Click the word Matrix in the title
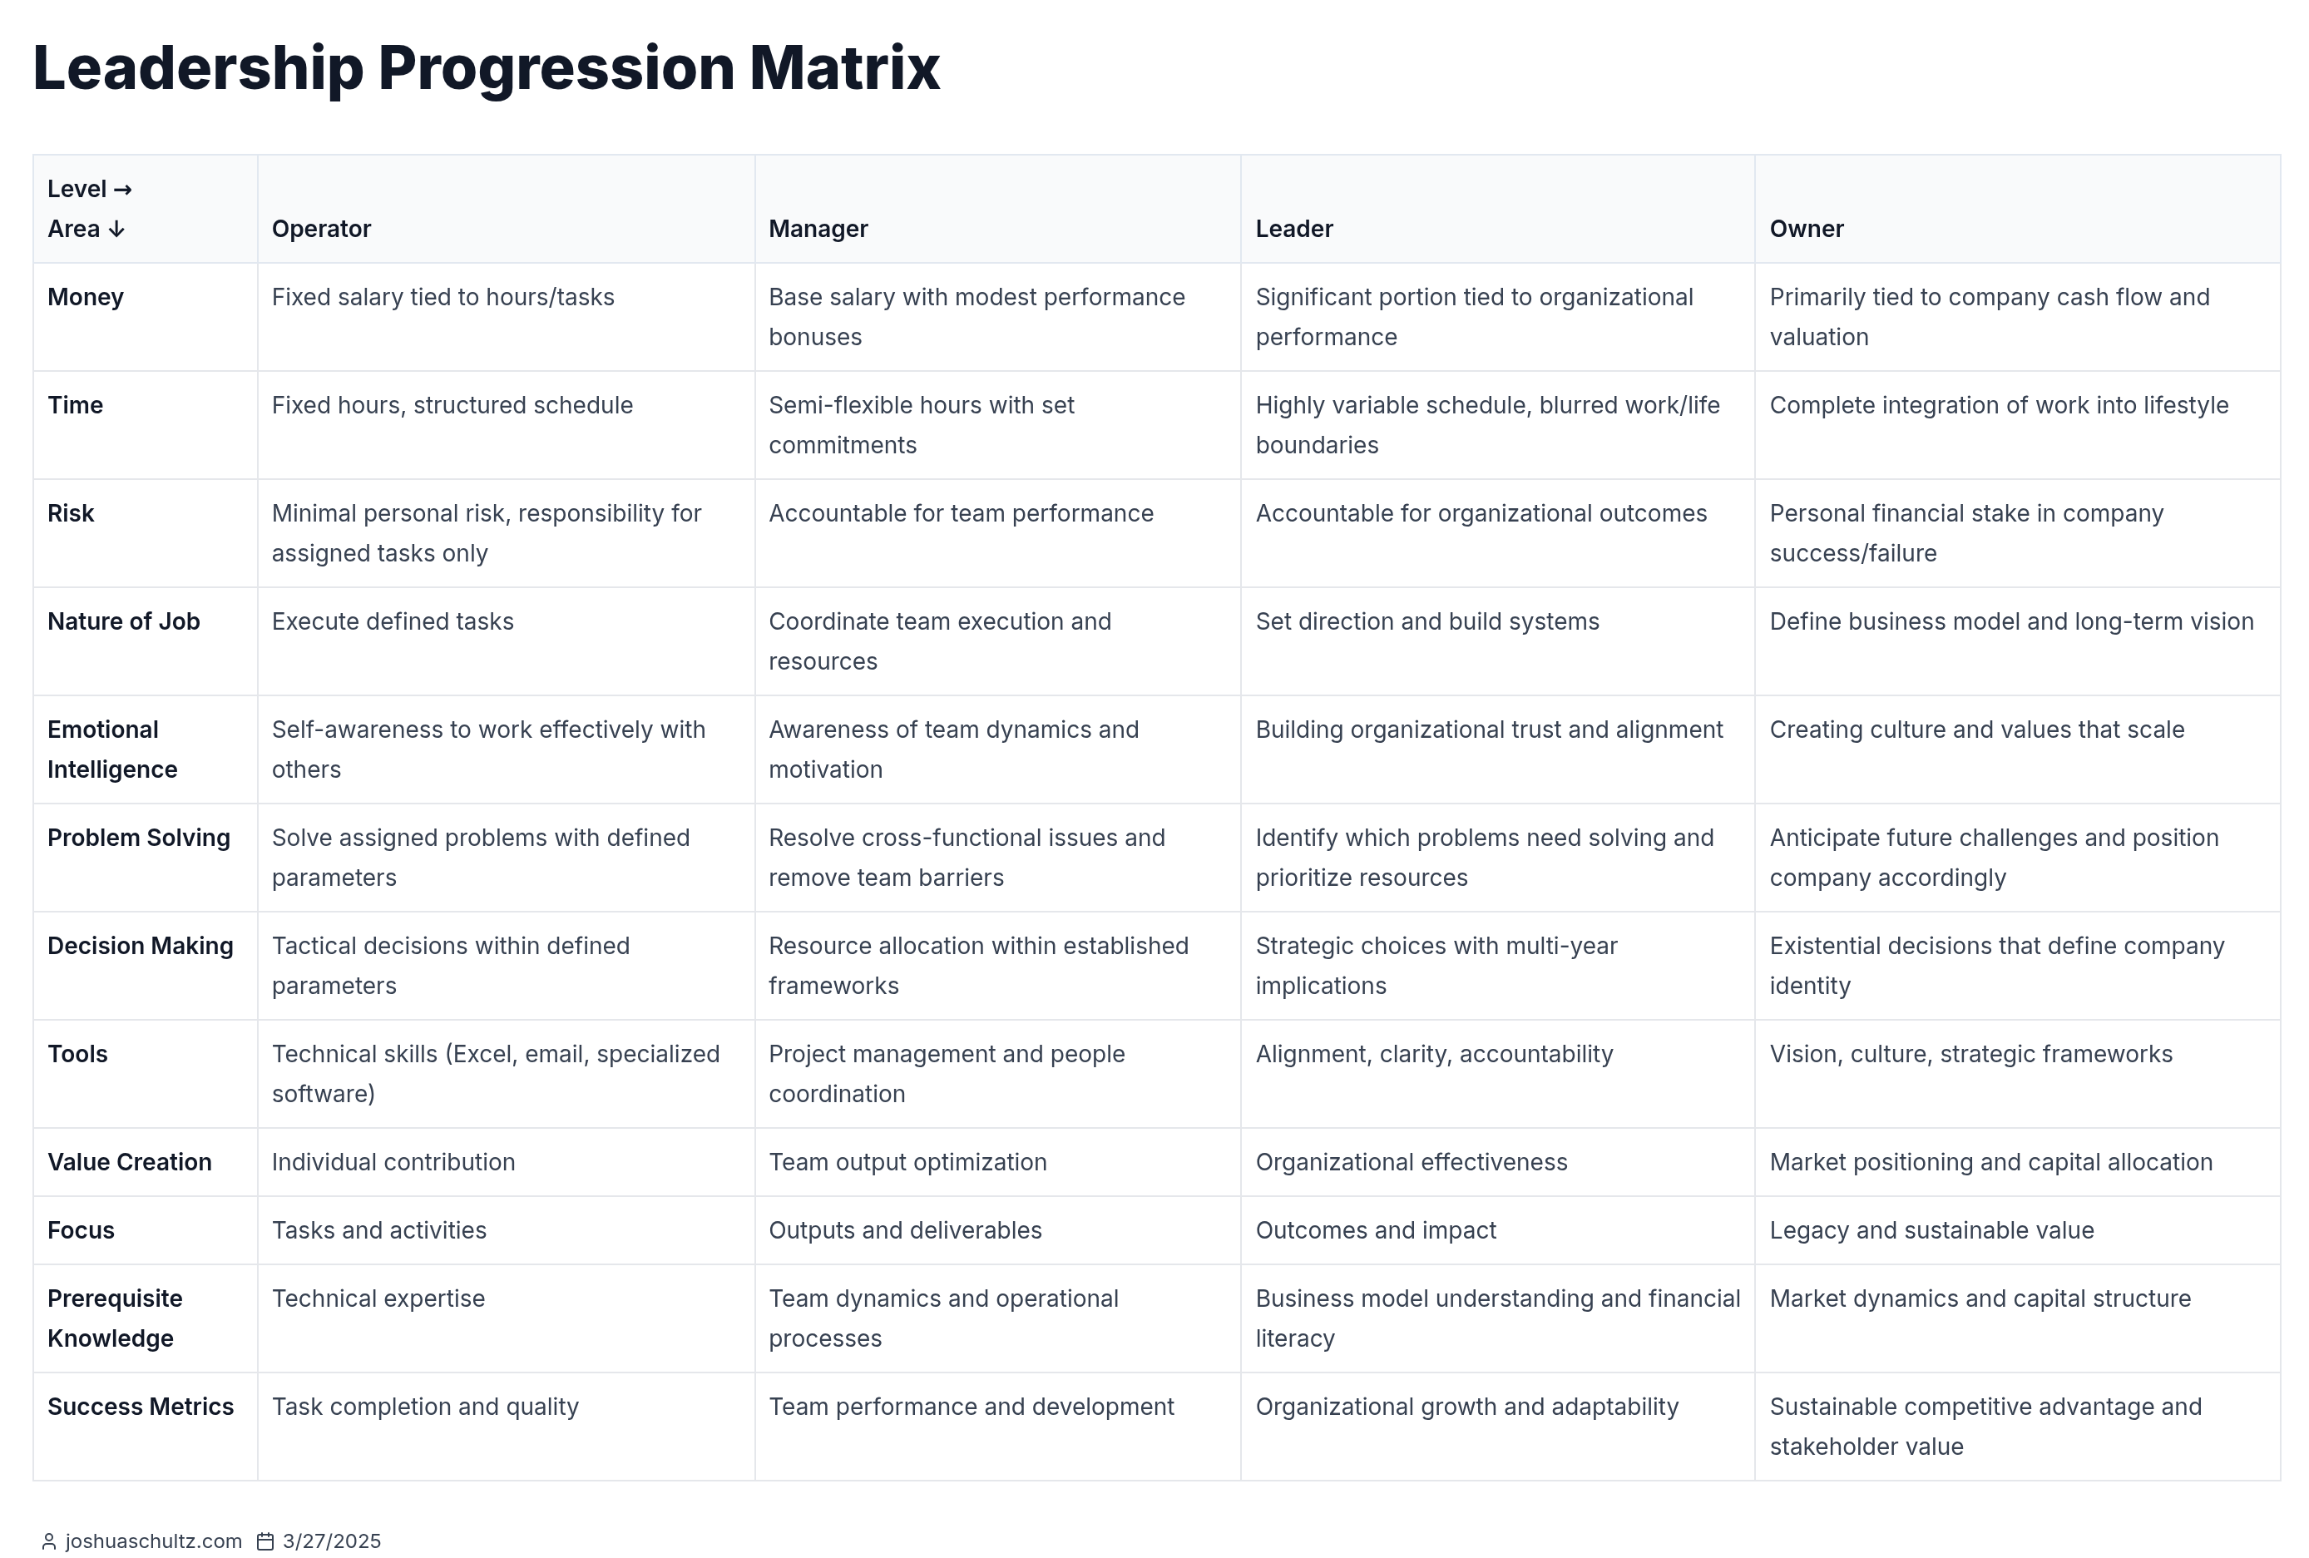(x=844, y=67)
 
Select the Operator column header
(x=321, y=230)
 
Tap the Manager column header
(x=818, y=230)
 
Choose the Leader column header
(x=1293, y=230)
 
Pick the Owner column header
(x=1807, y=230)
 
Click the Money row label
(x=86, y=297)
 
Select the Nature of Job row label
(x=123, y=622)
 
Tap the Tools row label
(x=77, y=1054)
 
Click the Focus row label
(x=81, y=1231)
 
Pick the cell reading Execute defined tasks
(x=393, y=622)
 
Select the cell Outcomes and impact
(x=1375, y=1231)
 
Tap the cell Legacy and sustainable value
(x=1931, y=1231)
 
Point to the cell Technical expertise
(x=378, y=1298)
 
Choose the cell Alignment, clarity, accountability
(x=1434, y=1054)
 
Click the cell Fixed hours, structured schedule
(x=452, y=405)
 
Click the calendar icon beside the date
(x=265, y=1541)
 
